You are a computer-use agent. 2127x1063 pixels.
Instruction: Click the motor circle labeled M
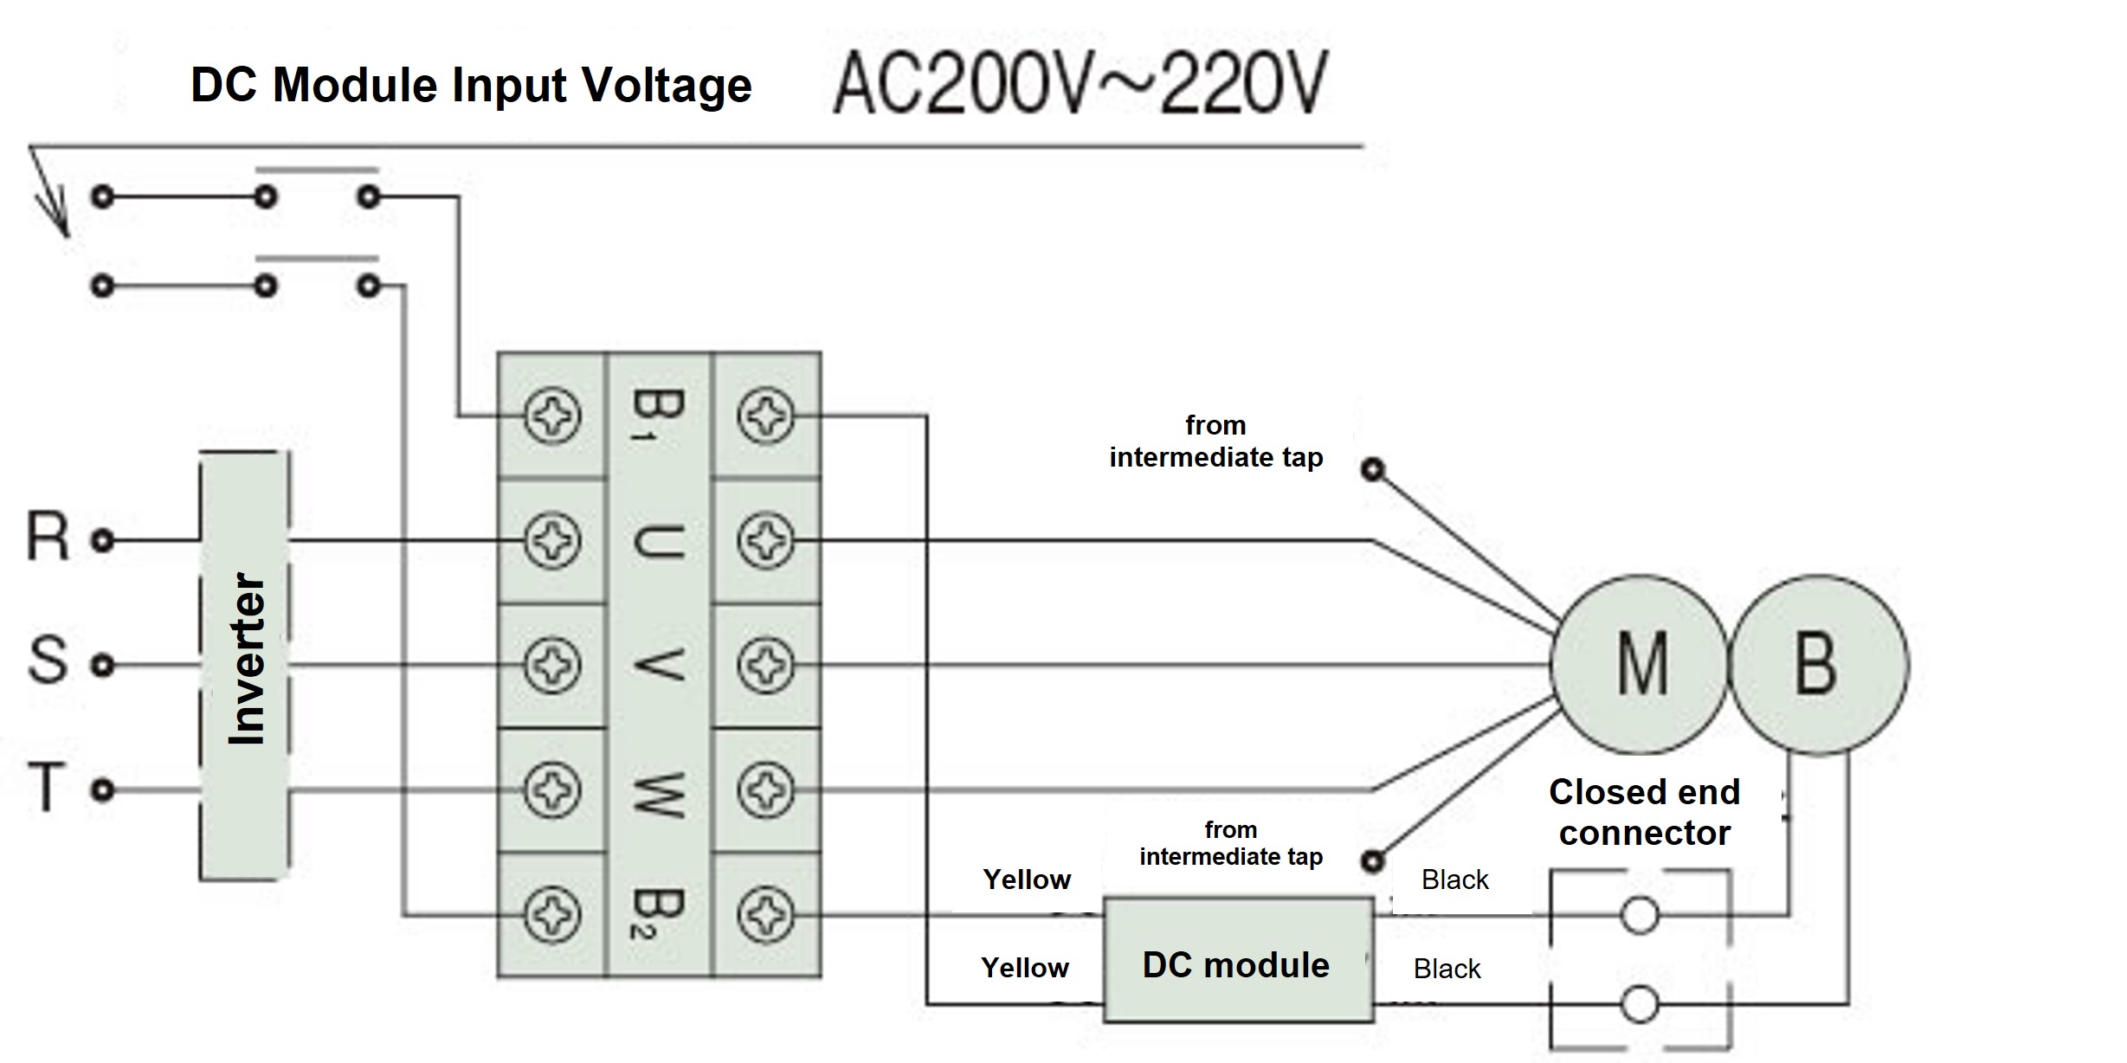(x=1639, y=664)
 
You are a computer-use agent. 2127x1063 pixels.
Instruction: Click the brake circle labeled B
(x=1818, y=664)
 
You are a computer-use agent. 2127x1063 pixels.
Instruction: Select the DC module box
(x=1238, y=961)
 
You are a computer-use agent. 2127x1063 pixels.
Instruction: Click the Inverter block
(x=245, y=665)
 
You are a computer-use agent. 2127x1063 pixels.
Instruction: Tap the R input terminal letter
(x=47, y=537)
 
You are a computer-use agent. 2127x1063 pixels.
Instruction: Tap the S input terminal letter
(x=47, y=660)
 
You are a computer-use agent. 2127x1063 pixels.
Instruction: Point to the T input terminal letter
(x=47, y=786)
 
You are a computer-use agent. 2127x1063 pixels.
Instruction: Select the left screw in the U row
(x=552, y=540)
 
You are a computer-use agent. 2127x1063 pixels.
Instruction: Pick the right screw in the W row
(x=765, y=789)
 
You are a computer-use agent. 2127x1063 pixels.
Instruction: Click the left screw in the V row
(x=552, y=665)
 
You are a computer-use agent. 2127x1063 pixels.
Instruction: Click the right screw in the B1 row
(x=765, y=416)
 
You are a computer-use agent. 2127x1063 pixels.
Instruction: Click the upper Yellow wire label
(x=1027, y=879)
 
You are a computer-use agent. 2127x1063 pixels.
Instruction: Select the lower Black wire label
(x=1447, y=969)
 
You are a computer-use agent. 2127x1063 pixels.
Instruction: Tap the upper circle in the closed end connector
(x=1639, y=915)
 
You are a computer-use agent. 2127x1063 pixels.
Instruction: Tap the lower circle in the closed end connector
(x=1639, y=1005)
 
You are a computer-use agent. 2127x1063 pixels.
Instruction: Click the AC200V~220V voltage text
(x=1080, y=84)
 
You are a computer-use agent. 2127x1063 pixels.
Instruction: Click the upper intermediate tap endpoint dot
(x=1373, y=470)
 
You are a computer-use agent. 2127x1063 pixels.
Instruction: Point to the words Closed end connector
(x=1644, y=812)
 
